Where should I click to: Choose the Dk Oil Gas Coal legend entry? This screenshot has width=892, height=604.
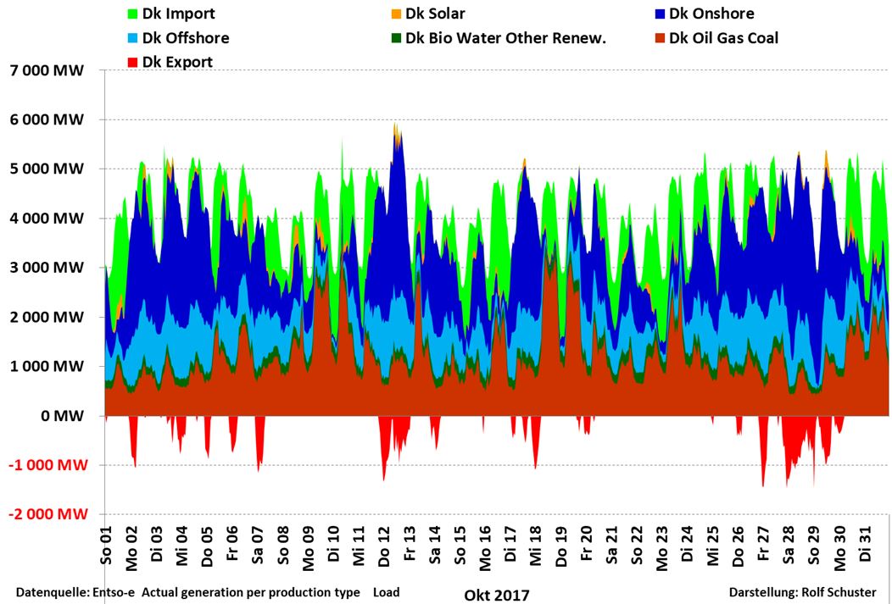coord(722,38)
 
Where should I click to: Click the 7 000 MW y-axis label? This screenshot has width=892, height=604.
coord(47,71)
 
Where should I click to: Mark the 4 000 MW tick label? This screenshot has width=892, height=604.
coord(47,219)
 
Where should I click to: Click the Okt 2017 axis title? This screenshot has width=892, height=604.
coord(496,595)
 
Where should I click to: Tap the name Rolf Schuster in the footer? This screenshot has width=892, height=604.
coord(838,592)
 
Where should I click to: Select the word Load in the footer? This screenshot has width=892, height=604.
coord(386,592)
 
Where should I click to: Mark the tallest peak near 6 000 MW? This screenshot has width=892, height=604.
coord(395,125)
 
